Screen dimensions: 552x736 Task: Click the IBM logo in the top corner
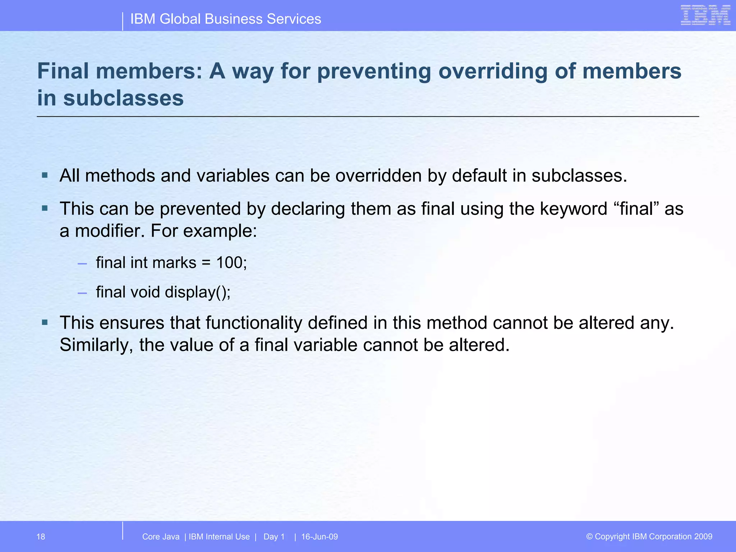point(705,15)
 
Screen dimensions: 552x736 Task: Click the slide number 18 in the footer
point(41,537)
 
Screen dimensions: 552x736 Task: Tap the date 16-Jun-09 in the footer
point(319,537)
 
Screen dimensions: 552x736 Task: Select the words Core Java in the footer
point(161,537)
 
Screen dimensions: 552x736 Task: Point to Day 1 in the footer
point(274,537)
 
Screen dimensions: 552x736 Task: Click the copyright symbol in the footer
point(589,537)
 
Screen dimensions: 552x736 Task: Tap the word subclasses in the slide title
point(123,98)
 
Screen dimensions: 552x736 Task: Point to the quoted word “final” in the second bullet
point(636,209)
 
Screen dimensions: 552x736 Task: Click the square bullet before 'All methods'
point(45,176)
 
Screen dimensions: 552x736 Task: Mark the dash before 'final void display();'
point(82,293)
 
